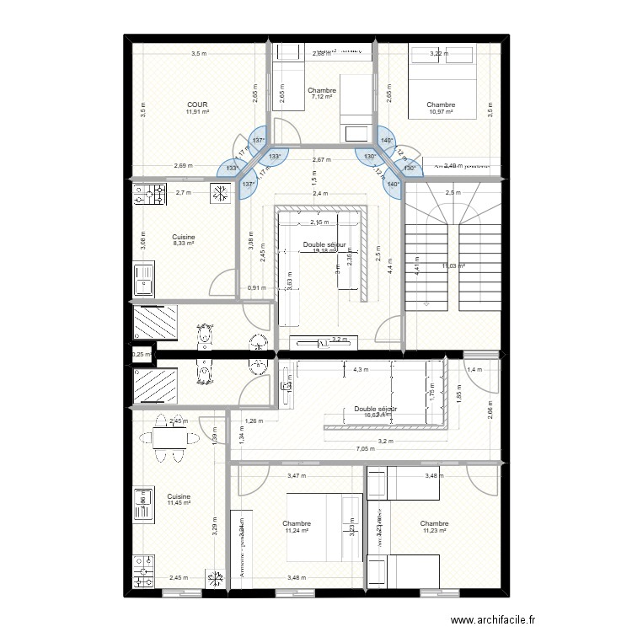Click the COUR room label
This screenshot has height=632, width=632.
pyautogui.click(x=197, y=104)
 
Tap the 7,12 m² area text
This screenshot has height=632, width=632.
pyautogui.click(x=322, y=98)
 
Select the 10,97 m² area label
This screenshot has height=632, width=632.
pyautogui.click(x=440, y=112)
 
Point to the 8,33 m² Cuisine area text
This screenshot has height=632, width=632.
pyautogui.click(x=184, y=244)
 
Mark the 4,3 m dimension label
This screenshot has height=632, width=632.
pyautogui.click(x=362, y=370)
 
